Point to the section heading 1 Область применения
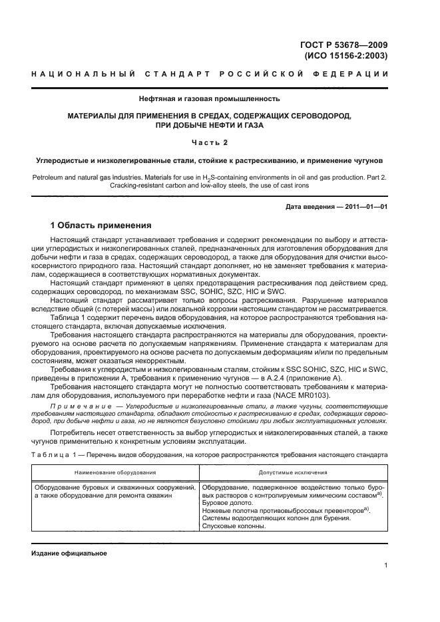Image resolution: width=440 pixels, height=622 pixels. [x=101, y=226]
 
